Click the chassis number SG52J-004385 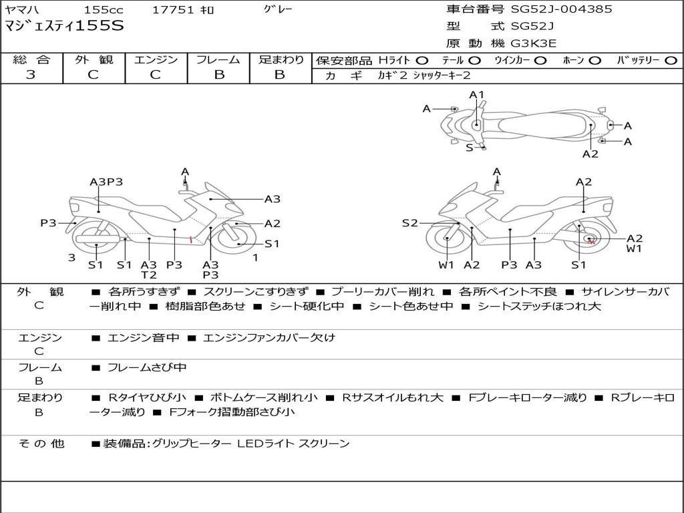click(x=561, y=9)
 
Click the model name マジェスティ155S click(x=65, y=26)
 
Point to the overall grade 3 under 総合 click(x=31, y=75)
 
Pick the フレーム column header click(x=218, y=59)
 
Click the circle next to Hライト click(x=422, y=61)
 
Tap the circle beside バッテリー click(x=671, y=61)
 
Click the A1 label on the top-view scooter click(x=477, y=95)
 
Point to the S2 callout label click(x=409, y=223)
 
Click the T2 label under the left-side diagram click(x=149, y=275)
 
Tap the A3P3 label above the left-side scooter click(x=106, y=182)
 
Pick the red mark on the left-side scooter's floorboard click(x=190, y=239)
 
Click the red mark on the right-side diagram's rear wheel click(x=590, y=240)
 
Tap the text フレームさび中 click(x=147, y=368)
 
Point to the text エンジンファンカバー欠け click(x=269, y=337)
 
